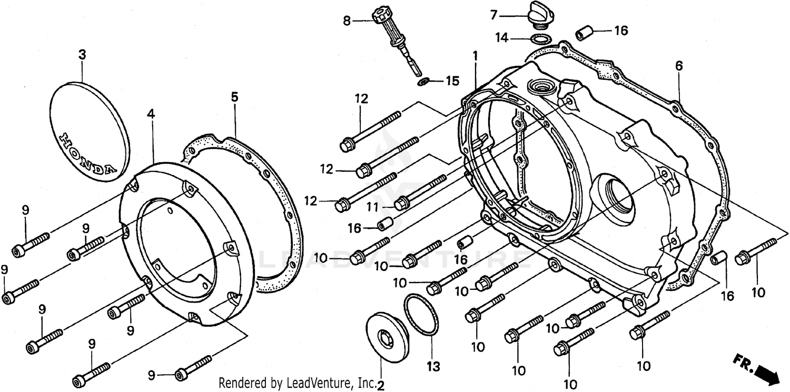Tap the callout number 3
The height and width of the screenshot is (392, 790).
[x=82, y=55]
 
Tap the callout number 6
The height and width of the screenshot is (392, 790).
[x=679, y=66]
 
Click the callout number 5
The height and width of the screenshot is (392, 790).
[x=234, y=97]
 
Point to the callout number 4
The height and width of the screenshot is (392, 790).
[x=151, y=113]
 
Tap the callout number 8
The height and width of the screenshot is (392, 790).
[x=347, y=21]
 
